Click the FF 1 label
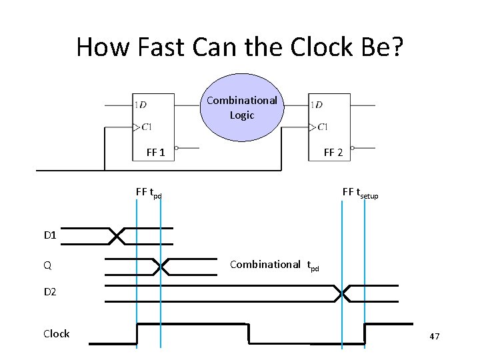155,152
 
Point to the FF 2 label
333,152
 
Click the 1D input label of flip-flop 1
141,105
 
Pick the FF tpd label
148,193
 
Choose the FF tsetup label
360,193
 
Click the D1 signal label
51,235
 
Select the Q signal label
47,265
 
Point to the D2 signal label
51,292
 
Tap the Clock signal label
56,333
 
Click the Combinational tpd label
274,265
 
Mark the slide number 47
434,337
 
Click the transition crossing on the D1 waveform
117,235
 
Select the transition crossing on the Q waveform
161,266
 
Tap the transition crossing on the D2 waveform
343,293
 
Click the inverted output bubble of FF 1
175,148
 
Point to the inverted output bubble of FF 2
353,148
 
